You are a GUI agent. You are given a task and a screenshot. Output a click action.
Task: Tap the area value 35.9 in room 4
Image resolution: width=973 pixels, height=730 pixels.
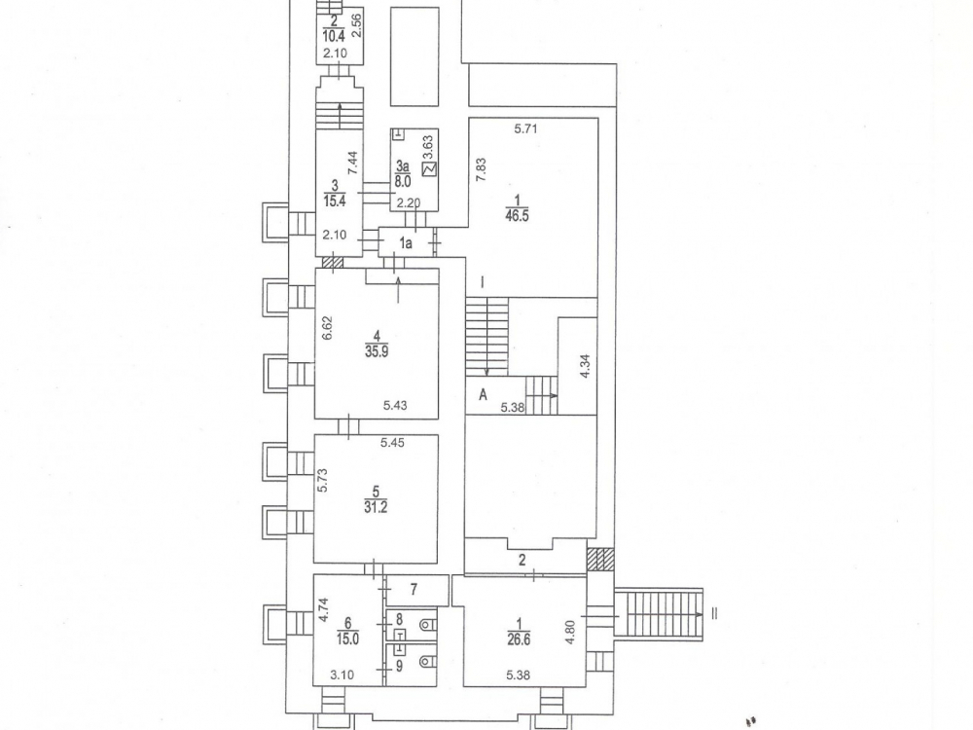click(377, 350)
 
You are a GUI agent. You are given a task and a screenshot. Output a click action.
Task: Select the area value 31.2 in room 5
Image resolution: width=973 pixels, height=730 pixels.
click(376, 507)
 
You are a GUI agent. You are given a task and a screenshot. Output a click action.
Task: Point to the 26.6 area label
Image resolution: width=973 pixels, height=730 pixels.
click(519, 639)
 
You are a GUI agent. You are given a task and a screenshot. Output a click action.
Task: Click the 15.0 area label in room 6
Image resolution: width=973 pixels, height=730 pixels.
click(347, 639)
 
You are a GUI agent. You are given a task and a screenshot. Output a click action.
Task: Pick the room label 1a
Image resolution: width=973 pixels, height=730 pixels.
click(405, 243)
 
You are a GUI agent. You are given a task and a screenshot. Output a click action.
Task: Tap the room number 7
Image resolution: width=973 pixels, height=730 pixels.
click(414, 588)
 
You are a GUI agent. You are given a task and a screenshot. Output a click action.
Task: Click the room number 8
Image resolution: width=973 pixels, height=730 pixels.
click(400, 619)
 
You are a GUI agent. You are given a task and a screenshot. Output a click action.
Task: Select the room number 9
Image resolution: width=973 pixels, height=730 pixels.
click(400, 666)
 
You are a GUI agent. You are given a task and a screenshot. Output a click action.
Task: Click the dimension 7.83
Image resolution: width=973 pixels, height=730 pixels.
click(481, 170)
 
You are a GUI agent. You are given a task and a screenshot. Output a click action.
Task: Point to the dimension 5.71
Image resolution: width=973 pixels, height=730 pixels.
click(525, 129)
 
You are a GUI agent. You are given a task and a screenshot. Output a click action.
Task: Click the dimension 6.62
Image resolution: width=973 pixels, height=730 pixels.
click(328, 328)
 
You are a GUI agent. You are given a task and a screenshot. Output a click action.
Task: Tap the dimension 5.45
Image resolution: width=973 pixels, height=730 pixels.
click(392, 443)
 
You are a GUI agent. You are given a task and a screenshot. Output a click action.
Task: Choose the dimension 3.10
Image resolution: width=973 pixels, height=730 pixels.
click(342, 675)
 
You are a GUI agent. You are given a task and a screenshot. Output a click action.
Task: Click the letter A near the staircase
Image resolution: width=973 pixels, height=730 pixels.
click(483, 394)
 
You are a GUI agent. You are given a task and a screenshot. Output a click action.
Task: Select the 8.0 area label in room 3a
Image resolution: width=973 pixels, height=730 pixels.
click(403, 182)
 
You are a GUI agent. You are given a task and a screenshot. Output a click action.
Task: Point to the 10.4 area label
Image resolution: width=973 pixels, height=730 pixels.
click(335, 35)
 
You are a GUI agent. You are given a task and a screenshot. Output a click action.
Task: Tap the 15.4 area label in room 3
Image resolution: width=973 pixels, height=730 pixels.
click(335, 201)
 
